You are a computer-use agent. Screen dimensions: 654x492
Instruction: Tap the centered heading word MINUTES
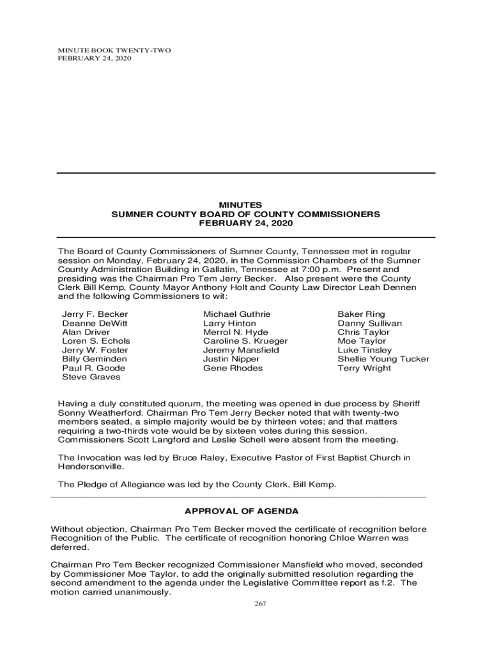click(x=246, y=204)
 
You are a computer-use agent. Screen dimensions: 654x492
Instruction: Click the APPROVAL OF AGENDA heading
click(x=242, y=512)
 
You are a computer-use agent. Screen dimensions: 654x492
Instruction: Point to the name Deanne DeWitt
click(x=95, y=323)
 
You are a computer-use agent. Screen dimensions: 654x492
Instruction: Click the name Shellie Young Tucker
click(x=383, y=359)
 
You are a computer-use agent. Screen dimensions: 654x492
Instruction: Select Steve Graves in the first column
click(x=91, y=377)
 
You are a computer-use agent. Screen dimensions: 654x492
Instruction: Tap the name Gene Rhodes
click(x=233, y=368)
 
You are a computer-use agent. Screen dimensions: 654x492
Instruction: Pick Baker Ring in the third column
click(x=361, y=314)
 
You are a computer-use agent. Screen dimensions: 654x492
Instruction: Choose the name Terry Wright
click(x=364, y=368)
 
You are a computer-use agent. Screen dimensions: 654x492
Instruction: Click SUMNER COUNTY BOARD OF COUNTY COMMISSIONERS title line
click(x=246, y=214)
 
